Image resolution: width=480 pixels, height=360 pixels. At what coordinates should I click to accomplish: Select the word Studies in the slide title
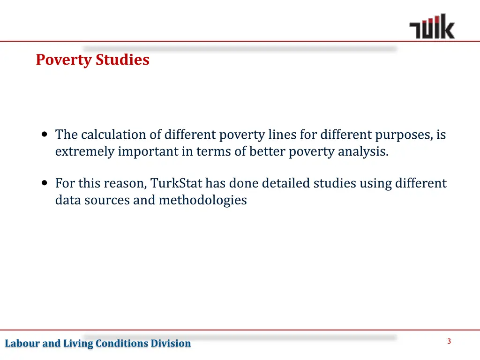point(123,60)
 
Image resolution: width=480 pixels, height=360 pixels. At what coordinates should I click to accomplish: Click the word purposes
point(404,135)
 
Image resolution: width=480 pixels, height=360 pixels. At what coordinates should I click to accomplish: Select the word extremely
point(84,152)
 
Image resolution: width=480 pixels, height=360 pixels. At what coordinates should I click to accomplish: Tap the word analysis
point(363,152)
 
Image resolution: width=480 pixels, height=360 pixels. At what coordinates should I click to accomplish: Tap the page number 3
point(449,341)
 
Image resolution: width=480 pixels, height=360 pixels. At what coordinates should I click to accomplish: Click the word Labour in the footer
point(22,344)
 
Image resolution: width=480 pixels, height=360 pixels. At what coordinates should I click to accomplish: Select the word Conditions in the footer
point(122,344)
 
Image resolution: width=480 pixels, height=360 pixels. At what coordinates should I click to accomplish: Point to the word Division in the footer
point(171,344)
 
